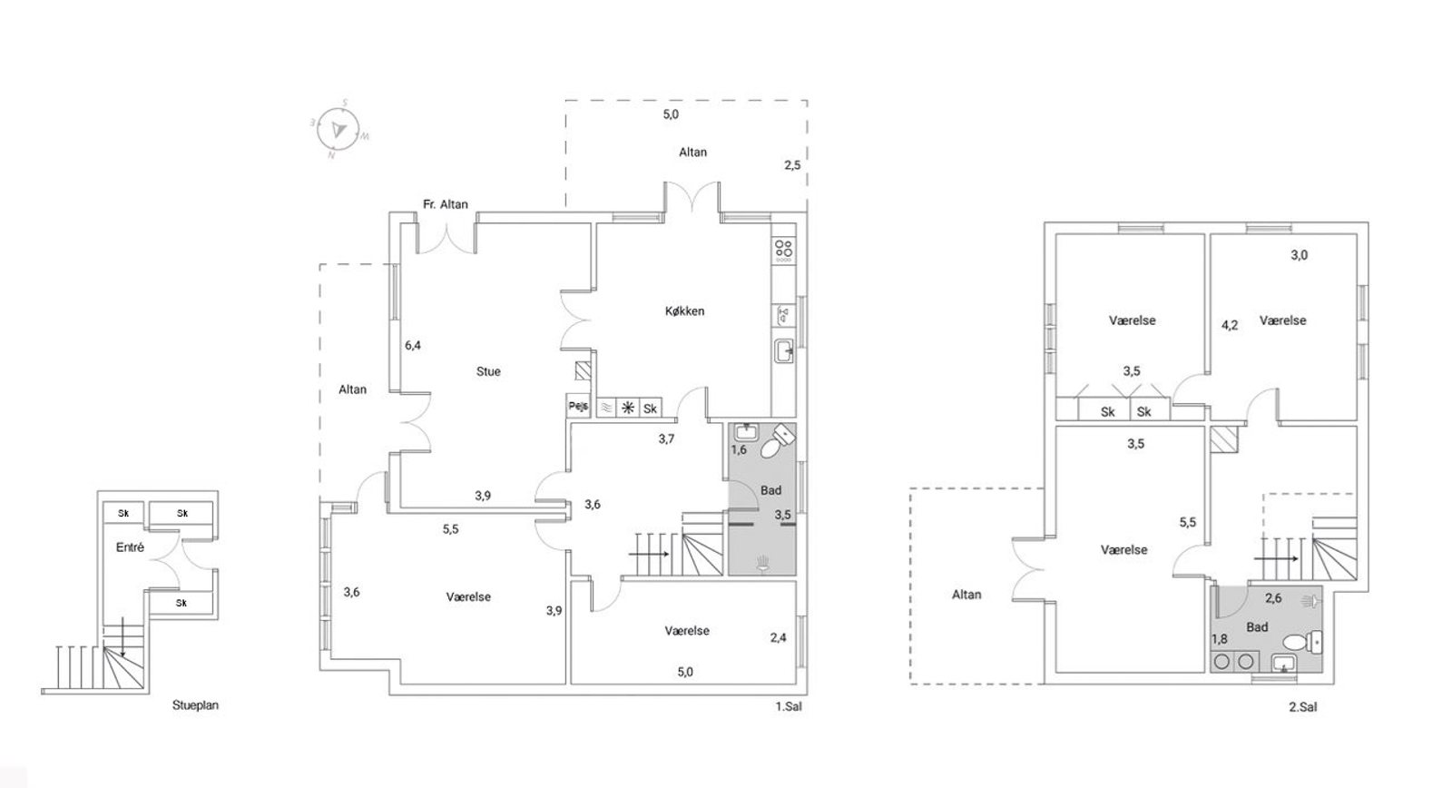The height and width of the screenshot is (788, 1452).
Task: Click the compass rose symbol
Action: click(338, 129)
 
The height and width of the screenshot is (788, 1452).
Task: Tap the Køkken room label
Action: click(684, 311)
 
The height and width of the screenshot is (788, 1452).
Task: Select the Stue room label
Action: click(488, 371)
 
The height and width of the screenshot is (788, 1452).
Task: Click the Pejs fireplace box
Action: click(578, 406)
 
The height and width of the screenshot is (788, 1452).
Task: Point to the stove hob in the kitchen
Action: click(784, 251)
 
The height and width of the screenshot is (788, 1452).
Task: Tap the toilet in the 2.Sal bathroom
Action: click(1302, 642)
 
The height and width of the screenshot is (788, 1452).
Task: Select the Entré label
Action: click(130, 547)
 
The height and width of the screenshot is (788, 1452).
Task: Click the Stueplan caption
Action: click(195, 705)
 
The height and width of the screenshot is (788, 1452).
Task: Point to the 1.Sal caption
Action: click(789, 706)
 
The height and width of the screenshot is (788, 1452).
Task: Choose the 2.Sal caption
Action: click(1303, 707)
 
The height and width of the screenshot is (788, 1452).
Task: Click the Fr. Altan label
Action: click(446, 204)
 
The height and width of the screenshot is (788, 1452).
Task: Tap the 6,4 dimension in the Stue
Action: click(413, 346)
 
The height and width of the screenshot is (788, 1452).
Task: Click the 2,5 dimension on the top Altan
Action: click(792, 165)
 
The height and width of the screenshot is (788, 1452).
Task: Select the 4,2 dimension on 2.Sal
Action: click(1230, 326)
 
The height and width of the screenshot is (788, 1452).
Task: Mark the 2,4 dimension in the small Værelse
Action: click(778, 638)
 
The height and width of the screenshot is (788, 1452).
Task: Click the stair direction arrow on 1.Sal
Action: click(649, 554)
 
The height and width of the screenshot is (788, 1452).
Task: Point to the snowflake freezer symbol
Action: click(627, 408)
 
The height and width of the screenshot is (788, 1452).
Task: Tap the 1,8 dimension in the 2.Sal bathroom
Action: click(1220, 639)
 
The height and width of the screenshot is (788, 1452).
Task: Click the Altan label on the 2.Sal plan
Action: click(966, 595)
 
